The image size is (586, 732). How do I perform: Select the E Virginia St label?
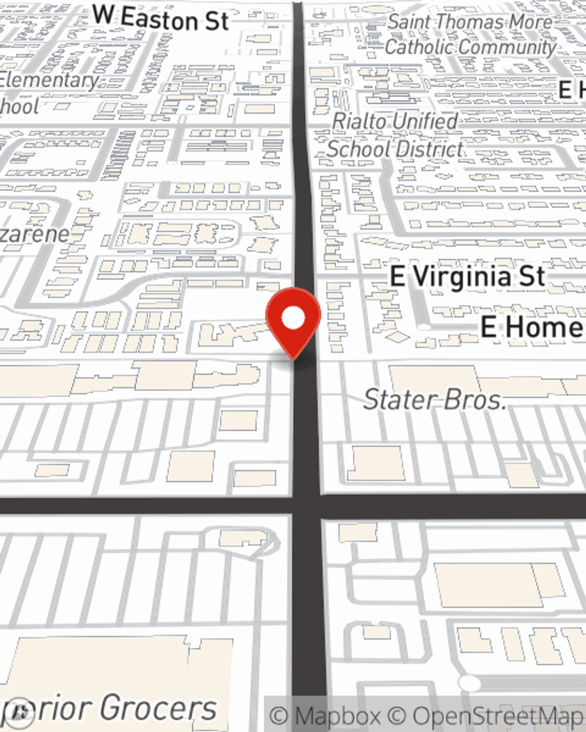tap(468, 276)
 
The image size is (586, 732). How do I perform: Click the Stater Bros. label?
tap(434, 399)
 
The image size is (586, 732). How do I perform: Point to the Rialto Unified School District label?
tap(395, 135)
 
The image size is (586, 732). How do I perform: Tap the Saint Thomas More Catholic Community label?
tap(471, 35)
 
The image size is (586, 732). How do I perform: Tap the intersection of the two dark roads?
tap(306, 505)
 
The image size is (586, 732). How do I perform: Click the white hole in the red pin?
tap(293, 319)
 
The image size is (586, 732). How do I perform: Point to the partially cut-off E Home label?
tap(532, 327)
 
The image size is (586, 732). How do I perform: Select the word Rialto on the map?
tap(359, 121)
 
